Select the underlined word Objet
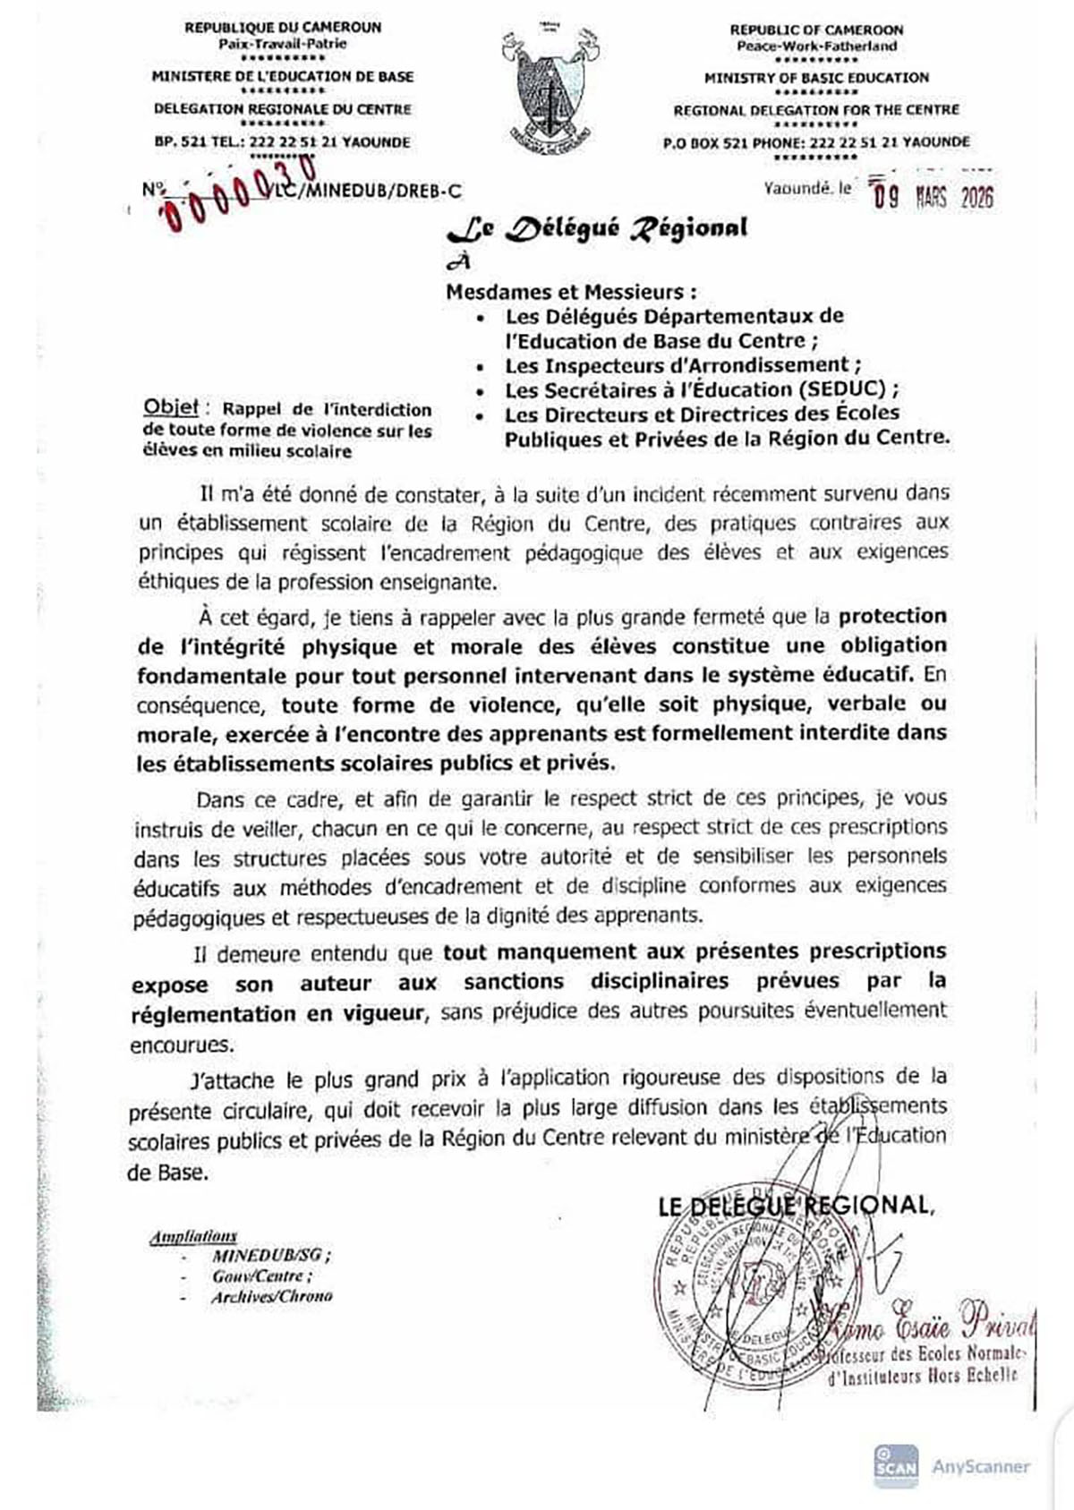pos(171,408)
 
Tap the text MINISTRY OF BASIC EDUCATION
pos(815,78)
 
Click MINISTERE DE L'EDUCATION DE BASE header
pos(283,77)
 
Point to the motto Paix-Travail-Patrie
pos(283,44)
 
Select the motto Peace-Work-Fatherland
pos(815,46)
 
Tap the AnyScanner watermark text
pos(981,1466)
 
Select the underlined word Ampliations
pos(193,1236)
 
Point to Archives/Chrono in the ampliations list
pos(271,1296)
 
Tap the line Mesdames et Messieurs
pos(571,292)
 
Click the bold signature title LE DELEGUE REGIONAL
pos(795,1206)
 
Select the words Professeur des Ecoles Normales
pos(922,1353)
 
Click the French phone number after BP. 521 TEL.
pos(309,141)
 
